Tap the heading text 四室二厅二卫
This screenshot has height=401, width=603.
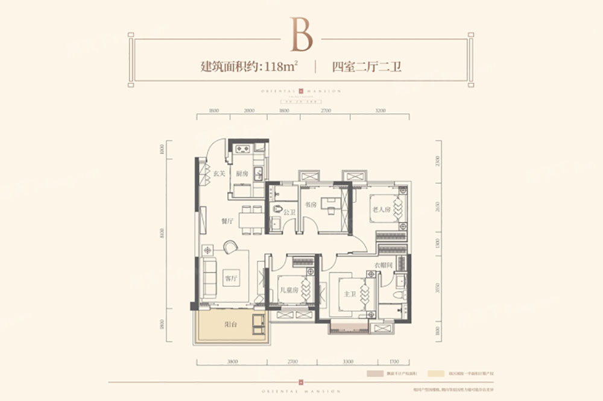pos(367,67)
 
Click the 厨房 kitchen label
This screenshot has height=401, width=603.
pos(242,173)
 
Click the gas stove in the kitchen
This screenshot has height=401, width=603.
pos(242,149)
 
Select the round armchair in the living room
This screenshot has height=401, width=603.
pos(231,247)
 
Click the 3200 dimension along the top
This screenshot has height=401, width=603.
pos(380,111)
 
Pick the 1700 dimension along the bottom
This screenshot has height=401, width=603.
pos(394,362)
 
